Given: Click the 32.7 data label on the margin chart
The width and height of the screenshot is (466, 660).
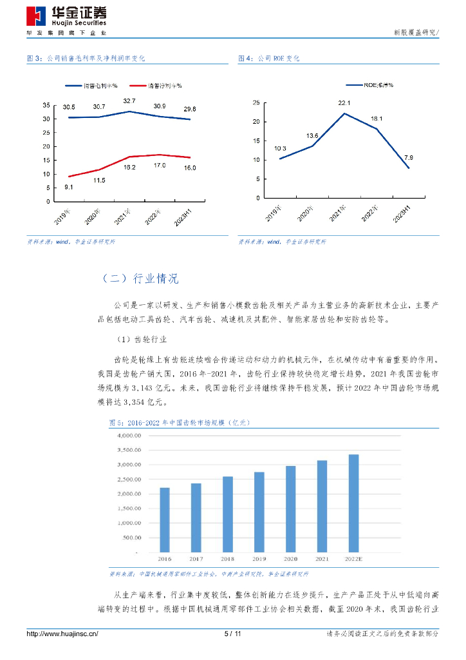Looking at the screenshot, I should [129, 101].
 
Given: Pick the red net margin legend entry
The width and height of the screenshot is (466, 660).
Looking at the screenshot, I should [155, 86].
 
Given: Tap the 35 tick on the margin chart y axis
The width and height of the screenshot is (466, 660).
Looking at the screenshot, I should [46, 105].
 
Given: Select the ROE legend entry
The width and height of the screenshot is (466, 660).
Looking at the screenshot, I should [369, 85].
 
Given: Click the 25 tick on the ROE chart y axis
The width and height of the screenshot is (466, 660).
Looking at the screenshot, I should [256, 103].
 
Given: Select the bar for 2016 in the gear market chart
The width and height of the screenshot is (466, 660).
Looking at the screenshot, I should [165, 519].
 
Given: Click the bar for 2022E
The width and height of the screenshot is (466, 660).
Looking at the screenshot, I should [353, 503].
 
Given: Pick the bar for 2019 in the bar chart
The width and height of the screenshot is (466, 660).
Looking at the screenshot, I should [259, 512].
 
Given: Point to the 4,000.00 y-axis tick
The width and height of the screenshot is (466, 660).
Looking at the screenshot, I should [128, 435].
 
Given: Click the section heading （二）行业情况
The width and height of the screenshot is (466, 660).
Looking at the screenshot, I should [140, 278].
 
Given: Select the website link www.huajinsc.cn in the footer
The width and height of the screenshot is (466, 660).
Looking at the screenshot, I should [62, 634].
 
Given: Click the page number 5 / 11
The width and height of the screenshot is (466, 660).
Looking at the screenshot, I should [232, 634].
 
